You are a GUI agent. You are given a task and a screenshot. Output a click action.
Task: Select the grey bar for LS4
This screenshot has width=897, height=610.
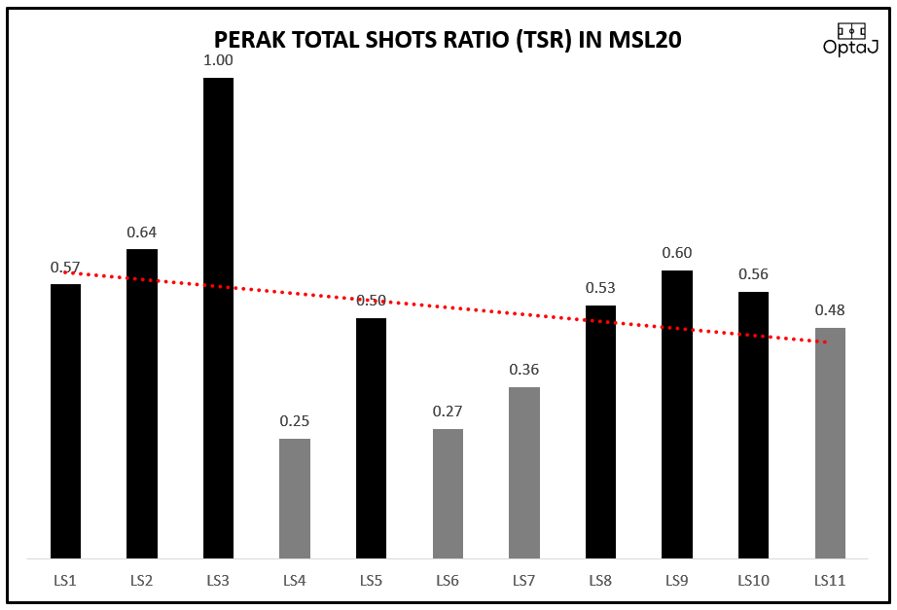tap(295, 498)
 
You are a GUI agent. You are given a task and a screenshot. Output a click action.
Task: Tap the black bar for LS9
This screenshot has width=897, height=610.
tap(677, 414)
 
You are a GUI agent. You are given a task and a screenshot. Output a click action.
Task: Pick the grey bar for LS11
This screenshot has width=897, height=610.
tap(830, 443)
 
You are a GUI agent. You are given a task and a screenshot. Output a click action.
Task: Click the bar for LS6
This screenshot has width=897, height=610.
tap(448, 493)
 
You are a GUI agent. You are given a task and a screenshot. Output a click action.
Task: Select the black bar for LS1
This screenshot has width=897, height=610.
tap(65, 421)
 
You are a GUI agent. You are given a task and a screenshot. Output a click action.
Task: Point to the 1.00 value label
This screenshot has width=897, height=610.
tap(218, 60)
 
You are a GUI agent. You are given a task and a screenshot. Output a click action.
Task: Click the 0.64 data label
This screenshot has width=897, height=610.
tap(142, 233)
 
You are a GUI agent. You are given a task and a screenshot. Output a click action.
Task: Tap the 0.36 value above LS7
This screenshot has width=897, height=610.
tap(523, 370)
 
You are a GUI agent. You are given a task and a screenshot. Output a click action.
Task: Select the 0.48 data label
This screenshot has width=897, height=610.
tap(830, 311)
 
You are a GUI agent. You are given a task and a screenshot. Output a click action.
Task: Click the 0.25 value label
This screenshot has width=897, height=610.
tap(295, 421)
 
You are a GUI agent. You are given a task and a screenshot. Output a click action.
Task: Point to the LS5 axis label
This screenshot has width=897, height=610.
tap(371, 582)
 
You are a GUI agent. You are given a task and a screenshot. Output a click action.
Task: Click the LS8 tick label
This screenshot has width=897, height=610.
tap(600, 582)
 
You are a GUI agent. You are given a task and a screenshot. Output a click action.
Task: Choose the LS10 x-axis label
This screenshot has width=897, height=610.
tap(753, 582)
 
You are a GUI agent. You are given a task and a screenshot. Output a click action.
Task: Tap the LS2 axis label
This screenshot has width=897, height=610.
tap(142, 582)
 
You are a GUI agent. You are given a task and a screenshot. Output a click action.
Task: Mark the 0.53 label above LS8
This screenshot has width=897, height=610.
tap(600, 288)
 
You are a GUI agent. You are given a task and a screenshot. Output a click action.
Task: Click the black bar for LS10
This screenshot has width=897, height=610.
tap(753, 425)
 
